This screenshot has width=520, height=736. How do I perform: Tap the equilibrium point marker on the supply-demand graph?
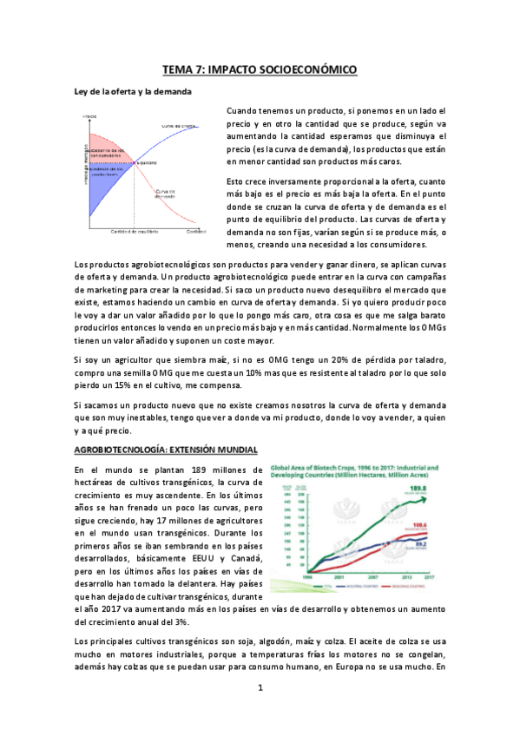(x=134, y=161)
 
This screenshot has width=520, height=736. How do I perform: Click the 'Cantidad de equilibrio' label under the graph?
(x=133, y=232)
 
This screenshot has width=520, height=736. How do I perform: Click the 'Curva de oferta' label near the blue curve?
(x=177, y=126)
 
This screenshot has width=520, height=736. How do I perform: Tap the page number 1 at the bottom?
(x=260, y=713)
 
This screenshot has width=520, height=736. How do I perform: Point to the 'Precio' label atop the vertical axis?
(x=89, y=115)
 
